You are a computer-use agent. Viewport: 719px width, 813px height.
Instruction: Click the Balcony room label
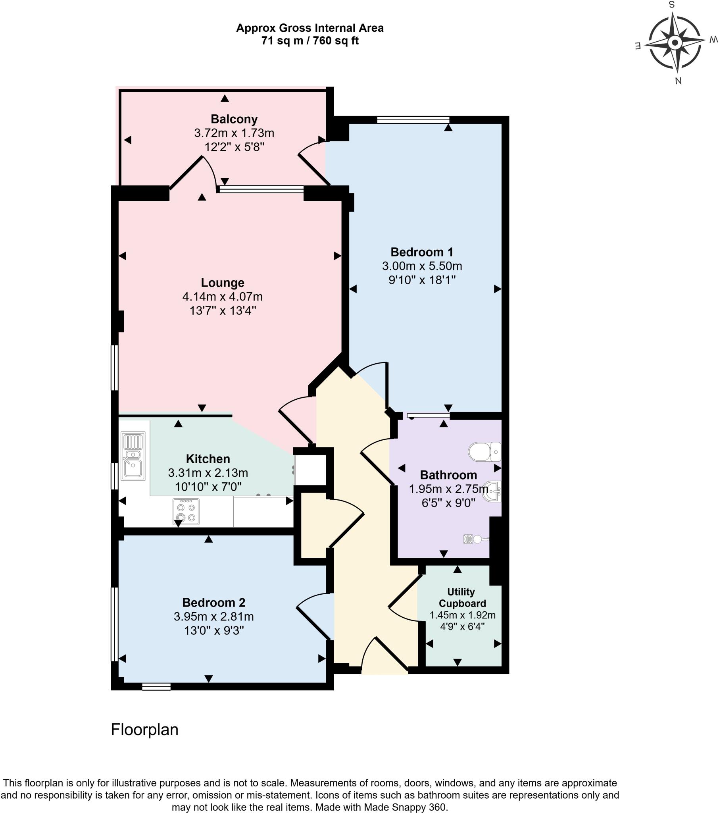[x=234, y=119]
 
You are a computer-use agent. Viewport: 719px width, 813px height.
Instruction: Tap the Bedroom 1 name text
[x=421, y=252]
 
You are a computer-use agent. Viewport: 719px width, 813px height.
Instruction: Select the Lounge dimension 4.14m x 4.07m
[x=222, y=297]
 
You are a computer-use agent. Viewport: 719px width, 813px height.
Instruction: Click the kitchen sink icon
[x=133, y=457]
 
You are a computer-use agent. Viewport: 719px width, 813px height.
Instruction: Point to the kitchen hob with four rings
[x=186, y=512]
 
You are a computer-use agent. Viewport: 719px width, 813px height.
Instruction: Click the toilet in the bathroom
[x=484, y=452]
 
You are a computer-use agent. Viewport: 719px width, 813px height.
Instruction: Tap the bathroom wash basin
[x=492, y=491]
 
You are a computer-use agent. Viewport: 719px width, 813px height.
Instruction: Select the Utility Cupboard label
[x=462, y=597]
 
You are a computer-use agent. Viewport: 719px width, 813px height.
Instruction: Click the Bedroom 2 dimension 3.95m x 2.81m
[x=213, y=616]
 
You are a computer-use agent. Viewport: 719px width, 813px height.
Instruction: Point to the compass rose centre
[x=675, y=42]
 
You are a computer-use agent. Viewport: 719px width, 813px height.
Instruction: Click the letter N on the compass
[x=679, y=81]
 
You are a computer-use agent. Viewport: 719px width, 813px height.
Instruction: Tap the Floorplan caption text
[x=144, y=730]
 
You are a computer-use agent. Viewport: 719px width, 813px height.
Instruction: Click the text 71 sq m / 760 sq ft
[x=310, y=41]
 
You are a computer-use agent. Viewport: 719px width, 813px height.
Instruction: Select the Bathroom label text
[x=448, y=475]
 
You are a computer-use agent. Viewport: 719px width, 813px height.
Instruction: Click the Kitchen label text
[x=208, y=459]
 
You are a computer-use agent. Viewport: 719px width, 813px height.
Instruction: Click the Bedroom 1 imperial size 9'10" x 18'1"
[x=421, y=280]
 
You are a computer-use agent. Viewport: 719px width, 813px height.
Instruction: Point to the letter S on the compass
[x=672, y=5]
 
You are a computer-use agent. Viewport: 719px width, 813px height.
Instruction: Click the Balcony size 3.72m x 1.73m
[x=234, y=133]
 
